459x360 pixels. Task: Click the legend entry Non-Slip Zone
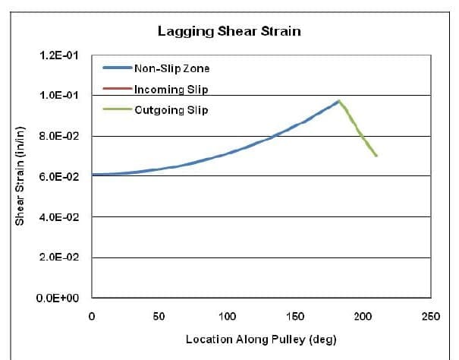[x=171, y=68]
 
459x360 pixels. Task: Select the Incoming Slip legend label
[x=171, y=89]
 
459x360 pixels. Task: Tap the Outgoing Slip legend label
[x=171, y=109]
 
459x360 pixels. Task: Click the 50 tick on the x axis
[x=159, y=315]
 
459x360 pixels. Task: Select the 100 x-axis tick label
[x=227, y=315]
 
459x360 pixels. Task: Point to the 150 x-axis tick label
[x=295, y=315]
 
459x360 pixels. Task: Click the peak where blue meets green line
[x=339, y=101]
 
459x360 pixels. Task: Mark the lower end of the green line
[x=376, y=156]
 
